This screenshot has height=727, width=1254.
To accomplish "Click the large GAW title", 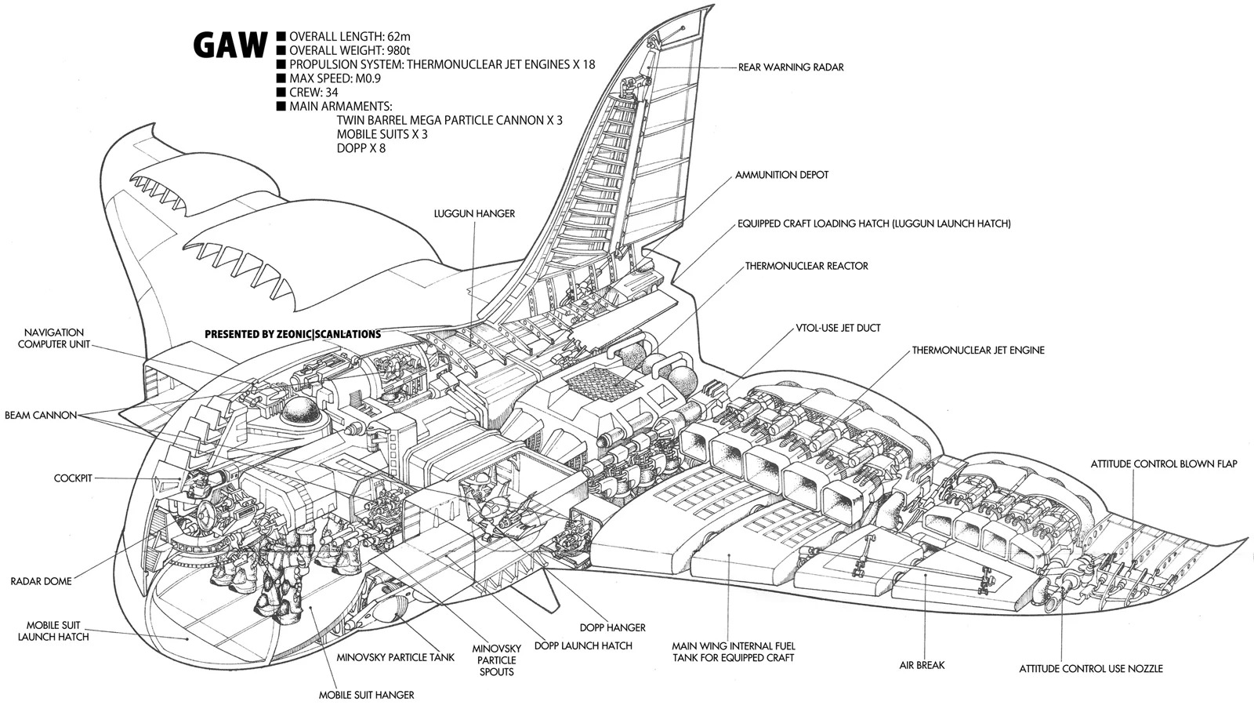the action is coord(230,45).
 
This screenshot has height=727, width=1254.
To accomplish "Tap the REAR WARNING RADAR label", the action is coord(791,67).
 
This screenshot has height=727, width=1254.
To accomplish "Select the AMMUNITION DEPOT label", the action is coord(781,175).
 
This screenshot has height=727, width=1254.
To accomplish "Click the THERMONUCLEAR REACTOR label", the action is coord(806,266).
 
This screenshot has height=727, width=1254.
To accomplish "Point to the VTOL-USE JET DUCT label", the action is coord(838,329).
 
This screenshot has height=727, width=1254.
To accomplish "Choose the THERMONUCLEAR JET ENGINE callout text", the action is coord(978,350).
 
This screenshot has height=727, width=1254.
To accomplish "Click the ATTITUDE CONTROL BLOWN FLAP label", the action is coord(1163,464).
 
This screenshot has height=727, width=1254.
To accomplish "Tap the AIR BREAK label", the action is coord(922,665).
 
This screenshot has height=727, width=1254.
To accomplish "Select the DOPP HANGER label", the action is coord(612,628).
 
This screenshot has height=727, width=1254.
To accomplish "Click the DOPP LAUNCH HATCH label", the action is coord(583,645).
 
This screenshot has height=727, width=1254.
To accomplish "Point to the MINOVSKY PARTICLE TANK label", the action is coord(395,657).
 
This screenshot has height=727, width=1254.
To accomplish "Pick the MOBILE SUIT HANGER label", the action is coord(366,695).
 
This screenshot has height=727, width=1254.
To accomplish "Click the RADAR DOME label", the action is coord(41,581).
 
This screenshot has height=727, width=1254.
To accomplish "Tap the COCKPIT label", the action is coord(73,478).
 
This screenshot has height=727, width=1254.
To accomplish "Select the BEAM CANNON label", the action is coord(40,416).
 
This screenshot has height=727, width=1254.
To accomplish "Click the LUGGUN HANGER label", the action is coord(474,214).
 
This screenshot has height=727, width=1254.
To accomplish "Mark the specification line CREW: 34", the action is coord(313,93).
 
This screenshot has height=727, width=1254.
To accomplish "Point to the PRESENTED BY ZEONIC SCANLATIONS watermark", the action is coord(293,334).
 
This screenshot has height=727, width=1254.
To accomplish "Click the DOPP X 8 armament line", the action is coord(361,148).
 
